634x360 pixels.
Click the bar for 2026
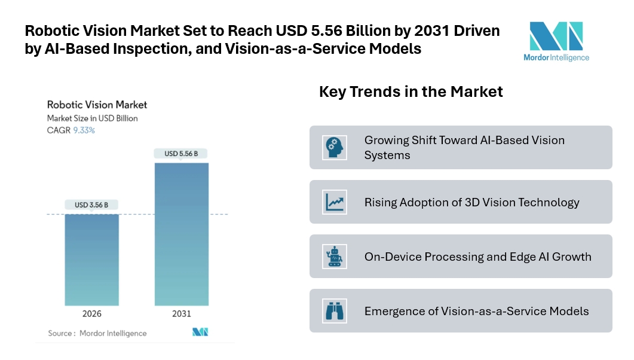point(91,260)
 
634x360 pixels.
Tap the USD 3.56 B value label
point(91,205)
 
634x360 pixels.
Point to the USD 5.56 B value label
point(182,154)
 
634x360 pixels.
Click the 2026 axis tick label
point(91,314)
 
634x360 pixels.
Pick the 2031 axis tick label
point(182,314)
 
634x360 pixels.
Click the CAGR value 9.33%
point(84,130)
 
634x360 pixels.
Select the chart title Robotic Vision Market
point(97,105)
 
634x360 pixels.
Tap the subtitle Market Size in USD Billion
point(92,118)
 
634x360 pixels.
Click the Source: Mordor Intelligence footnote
point(97,333)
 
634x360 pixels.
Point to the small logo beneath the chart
point(200,332)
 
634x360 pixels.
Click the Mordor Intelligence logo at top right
point(556,41)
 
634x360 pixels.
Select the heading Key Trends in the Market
point(411,91)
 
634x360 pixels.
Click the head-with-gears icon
point(335,148)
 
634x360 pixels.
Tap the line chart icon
point(335,202)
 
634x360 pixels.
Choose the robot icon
point(335,257)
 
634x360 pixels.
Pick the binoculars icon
point(335,311)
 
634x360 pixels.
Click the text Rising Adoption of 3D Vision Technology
point(471,202)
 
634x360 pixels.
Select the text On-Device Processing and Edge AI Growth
point(477,257)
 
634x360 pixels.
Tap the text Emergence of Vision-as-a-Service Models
point(476,311)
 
